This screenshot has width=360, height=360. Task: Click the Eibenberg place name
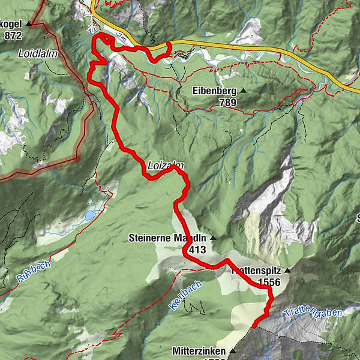click(213, 92)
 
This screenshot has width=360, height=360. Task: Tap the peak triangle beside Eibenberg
click(243, 91)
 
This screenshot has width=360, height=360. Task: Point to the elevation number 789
click(228, 103)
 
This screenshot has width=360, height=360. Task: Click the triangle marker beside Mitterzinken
click(232, 351)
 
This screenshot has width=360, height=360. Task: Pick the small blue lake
click(89, 215)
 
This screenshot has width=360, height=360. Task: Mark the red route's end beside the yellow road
click(170, 44)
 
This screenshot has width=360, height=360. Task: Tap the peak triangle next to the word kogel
click(28, 23)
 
